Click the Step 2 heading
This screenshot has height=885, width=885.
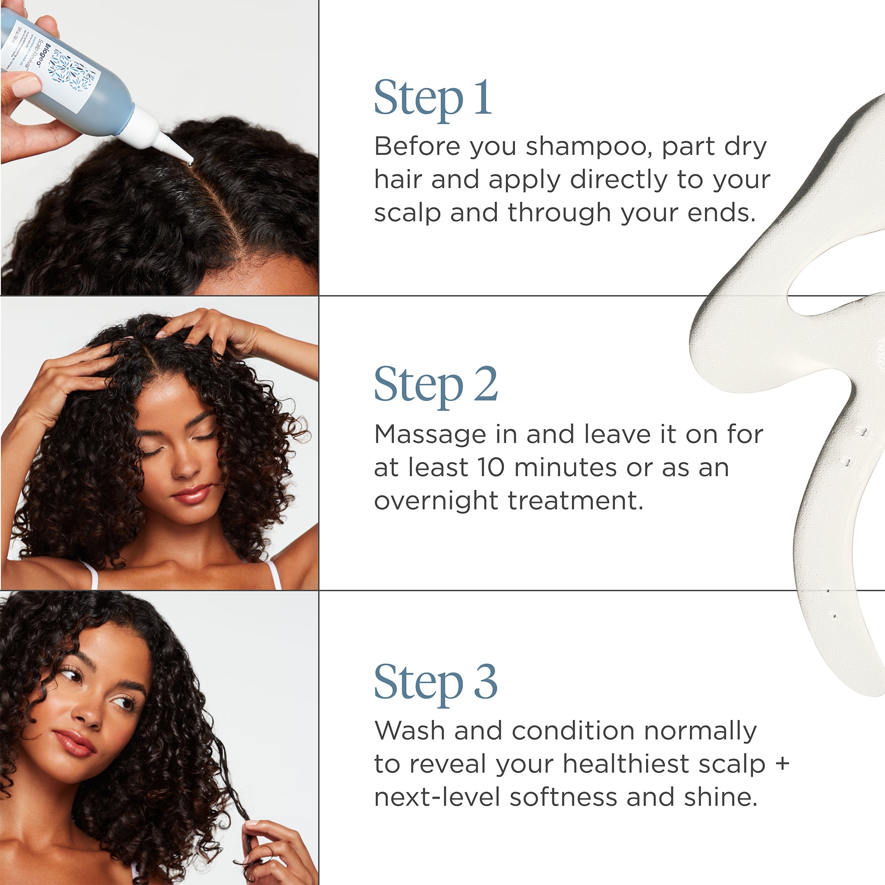click(435, 385)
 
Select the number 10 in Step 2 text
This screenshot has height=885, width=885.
click(491, 467)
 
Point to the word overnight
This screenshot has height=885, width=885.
click(435, 500)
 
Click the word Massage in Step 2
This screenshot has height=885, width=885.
click(430, 435)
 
